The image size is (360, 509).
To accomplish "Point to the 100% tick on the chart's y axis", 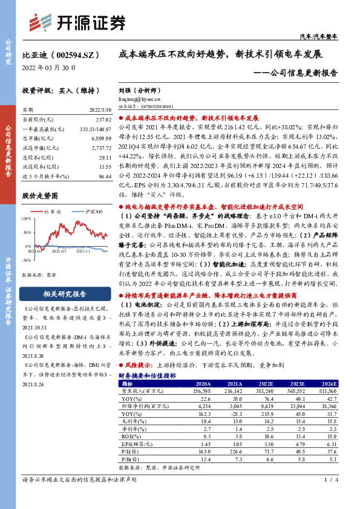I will coord(27,219).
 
